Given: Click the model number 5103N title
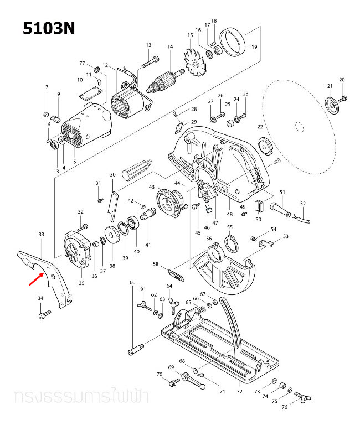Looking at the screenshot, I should [48, 28].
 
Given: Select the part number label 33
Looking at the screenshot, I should [41, 235].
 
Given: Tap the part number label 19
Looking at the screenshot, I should [254, 47].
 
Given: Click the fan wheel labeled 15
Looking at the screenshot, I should [196, 65].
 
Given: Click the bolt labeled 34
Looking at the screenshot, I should [43, 315].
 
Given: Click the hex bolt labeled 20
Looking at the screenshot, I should [343, 99].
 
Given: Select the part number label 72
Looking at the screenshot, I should [239, 391].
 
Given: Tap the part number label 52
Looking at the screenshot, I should [302, 204].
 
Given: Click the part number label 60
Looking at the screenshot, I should [132, 283].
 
